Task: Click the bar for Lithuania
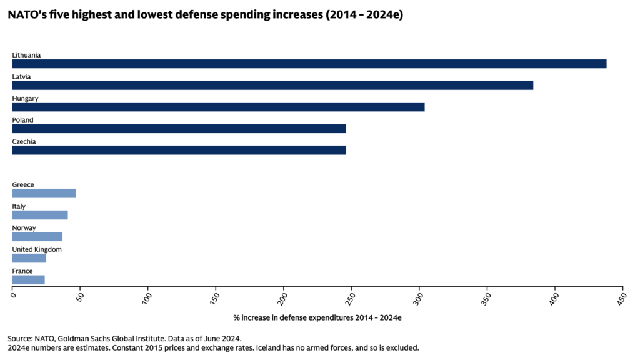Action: coord(309,64)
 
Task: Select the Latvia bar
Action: coord(272,85)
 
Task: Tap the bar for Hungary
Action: coord(218,107)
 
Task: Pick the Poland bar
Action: coord(179,129)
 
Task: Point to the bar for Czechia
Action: coord(179,150)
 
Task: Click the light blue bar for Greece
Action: coord(44,193)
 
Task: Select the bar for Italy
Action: coord(40,215)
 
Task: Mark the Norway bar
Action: coord(37,237)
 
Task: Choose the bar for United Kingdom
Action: coord(29,258)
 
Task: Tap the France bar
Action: coord(29,280)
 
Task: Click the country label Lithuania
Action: coord(27,55)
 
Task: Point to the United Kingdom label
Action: coord(37,249)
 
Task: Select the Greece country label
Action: coord(23,184)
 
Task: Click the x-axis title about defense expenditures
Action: coord(317,317)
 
